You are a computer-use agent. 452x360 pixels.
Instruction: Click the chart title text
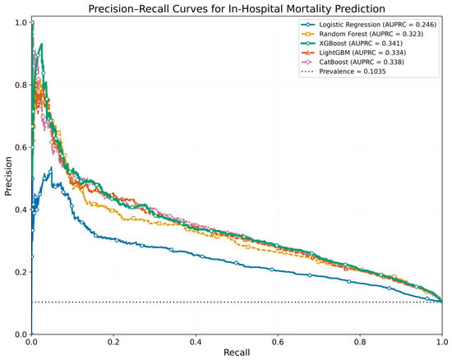[237, 9]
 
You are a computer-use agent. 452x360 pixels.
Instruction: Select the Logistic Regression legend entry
[368, 25]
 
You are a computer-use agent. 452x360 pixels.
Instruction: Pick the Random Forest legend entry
[362, 34]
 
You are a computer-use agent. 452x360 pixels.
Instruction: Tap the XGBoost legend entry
[352, 44]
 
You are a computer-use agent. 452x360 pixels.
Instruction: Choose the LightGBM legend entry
[353, 53]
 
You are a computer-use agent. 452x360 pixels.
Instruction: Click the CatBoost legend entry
[353, 62]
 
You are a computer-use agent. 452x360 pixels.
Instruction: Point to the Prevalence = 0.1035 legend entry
[343, 72]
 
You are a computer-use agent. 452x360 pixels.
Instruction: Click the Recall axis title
[237, 353]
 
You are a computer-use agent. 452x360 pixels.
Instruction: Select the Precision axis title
[8, 176]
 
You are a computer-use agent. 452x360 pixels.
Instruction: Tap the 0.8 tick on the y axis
[21, 85]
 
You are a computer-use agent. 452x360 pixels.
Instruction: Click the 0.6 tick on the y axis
[21, 147]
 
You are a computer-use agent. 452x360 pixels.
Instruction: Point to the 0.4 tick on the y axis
[21, 210]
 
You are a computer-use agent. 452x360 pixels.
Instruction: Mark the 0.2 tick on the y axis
[21, 272]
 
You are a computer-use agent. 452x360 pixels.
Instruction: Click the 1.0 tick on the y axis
[21, 22]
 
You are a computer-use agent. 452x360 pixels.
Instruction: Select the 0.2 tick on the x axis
[113, 342]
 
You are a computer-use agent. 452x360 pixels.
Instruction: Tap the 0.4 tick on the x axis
[196, 342]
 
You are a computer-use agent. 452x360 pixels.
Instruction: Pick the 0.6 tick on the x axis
[278, 342]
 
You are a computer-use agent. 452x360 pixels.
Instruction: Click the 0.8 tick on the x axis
[360, 342]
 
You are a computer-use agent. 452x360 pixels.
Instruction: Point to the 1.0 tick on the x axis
[442, 342]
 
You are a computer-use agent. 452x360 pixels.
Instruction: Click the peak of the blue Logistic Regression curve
[51, 167]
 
